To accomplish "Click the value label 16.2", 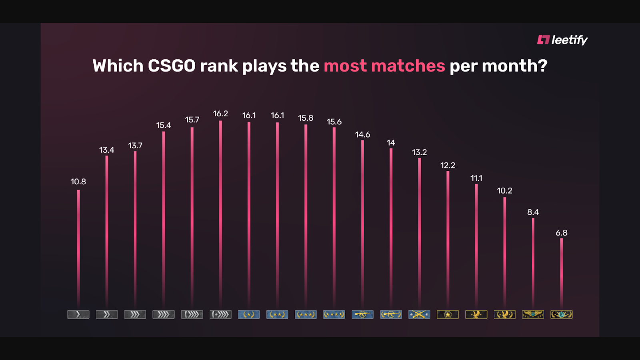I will (220, 114).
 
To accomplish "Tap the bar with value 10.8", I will (78, 248).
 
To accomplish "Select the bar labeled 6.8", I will (562, 272).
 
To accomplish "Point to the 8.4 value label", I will (533, 212).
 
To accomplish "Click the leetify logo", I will (562, 40).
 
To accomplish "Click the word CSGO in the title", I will (172, 66).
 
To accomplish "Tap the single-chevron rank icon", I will (78, 314).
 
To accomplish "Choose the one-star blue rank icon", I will (249, 314).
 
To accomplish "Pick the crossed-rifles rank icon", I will (419, 314).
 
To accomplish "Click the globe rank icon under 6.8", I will (562, 314).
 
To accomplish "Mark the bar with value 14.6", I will (362, 224).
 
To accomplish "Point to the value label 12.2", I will (448, 165).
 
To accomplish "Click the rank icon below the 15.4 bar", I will (164, 314).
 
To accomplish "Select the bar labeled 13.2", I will (419, 232).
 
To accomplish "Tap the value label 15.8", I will (306, 118).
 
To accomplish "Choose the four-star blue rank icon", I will (334, 314).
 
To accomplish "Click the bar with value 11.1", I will (476, 244).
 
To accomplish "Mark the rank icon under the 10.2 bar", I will (505, 314).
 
